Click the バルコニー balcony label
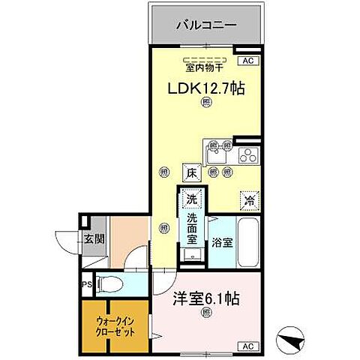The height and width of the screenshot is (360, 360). (206, 25)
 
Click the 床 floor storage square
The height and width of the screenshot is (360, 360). (191, 172)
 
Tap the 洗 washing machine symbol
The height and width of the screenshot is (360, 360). (192, 200)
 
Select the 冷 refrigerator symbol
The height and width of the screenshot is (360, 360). (248, 200)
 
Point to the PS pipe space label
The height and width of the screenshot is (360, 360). (87, 284)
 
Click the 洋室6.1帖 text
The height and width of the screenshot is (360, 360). (206, 298)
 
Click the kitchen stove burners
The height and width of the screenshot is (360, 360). (247, 155)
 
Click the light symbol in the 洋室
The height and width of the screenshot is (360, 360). (206, 315)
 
